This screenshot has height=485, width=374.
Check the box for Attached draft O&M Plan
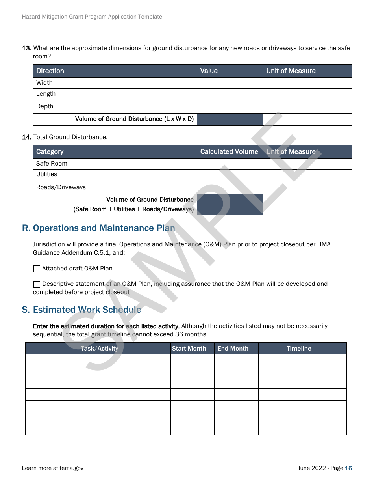click(37, 269)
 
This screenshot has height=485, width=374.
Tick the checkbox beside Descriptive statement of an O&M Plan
click(37, 284)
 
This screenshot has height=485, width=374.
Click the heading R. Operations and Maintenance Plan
click(98, 228)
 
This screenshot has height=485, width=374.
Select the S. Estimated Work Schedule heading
click(81, 310)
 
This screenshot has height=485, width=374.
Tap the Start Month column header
click(189, 349)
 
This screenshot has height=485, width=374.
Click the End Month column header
click(233, 349)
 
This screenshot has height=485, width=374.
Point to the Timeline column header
click(299, 349)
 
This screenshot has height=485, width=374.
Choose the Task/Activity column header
click(99, 349)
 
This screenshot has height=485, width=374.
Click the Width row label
click(44, 83)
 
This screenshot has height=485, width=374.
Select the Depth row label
click(44, 106)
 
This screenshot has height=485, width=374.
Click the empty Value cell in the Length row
click(230, 95)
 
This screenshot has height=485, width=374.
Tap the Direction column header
click(50, 71)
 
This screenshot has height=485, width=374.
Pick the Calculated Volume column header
click(229, 152)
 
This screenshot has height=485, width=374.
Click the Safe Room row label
click(52, 164)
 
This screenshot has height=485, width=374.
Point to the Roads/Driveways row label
click(61, 187)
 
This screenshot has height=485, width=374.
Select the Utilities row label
click(46, 174)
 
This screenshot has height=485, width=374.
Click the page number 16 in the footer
click(348, 468)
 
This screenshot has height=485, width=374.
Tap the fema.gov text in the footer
click(71, 468)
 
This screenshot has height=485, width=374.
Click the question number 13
click(26, 48)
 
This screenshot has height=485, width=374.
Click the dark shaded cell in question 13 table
click(230, 119)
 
